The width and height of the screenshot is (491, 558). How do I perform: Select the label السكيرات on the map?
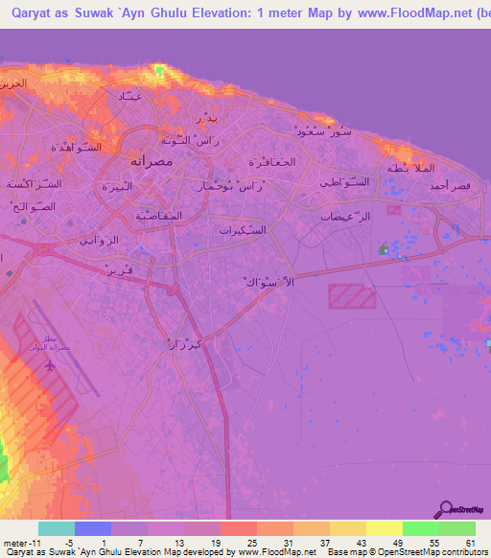tap(244, 230)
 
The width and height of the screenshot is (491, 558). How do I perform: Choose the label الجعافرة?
tap(271, 162)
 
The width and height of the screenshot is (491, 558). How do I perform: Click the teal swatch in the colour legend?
tap(57, 528)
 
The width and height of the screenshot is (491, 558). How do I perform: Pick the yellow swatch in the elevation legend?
tap(385, 528)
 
